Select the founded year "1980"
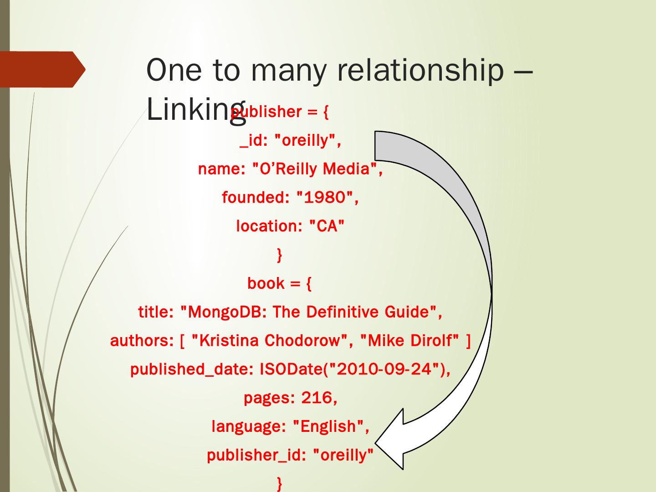click(x=325, y=198)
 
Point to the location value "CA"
click(x=327, y=226)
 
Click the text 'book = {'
click(x=279, y=283)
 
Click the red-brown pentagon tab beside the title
click(x=41, y=69)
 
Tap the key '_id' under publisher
click(x=251, y=141)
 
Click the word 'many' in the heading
click(x=288, y=71)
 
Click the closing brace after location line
click(x=279, y=255)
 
